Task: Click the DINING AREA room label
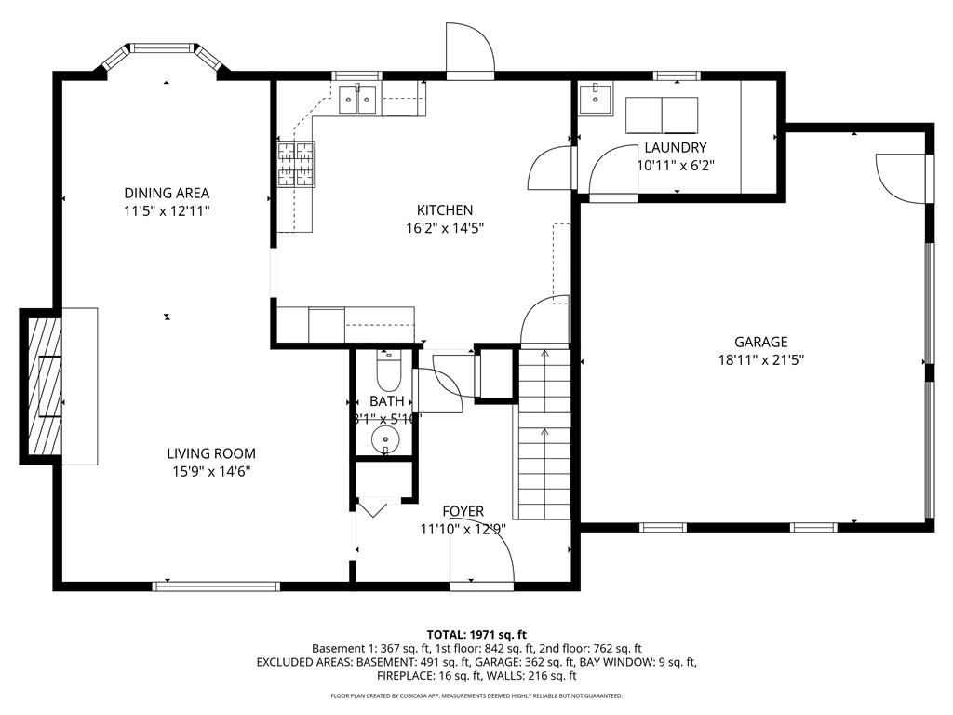coord(167,193)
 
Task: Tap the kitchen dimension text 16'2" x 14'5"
coord(444,227)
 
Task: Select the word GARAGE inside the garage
coord(759,342)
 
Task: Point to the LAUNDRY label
coord(675,147)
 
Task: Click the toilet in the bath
coord(387,372)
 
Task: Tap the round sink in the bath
coord(385,438)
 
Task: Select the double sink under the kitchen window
coord(358,98)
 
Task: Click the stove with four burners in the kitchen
coord(295,163)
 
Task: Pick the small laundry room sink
coord(595,97)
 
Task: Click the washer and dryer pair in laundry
coord(661,115)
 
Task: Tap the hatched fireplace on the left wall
coord(43,385)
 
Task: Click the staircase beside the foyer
coord(544,433)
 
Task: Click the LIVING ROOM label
coord(211,453)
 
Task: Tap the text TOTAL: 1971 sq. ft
coord(476,634)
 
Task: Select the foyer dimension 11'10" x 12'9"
coord(463,529)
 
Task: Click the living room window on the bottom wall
coord(216,587)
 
